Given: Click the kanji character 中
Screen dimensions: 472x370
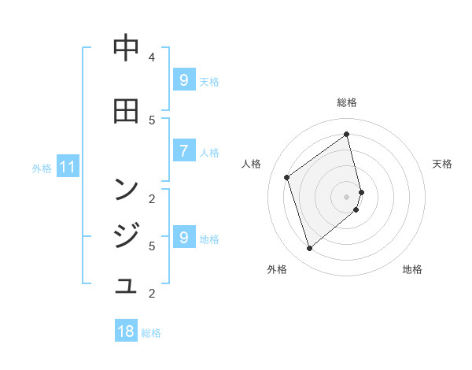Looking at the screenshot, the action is [126, 48].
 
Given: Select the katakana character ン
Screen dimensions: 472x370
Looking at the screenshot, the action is [126, 189].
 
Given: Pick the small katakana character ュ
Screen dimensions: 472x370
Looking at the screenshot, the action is [126, 285].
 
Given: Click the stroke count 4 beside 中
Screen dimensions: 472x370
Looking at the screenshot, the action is [152, 57].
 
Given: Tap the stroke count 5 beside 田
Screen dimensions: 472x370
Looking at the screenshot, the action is [152, 120].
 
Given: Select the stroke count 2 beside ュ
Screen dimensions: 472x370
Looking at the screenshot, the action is [152, 294].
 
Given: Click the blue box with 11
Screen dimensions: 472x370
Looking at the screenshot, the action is [68, 167].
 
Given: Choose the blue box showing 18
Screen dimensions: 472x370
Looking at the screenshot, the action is [126, 331].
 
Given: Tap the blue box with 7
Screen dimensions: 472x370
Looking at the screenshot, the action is [183, 151].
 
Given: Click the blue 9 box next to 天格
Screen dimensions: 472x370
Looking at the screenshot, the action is [183, 80].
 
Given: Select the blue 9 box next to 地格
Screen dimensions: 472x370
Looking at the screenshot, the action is [183, 238].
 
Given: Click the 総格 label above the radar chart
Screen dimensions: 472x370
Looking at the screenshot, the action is [347, 102].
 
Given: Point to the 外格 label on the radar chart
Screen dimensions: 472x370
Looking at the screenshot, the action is [277, 269].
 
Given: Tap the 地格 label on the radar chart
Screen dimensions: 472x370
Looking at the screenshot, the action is [412, 269].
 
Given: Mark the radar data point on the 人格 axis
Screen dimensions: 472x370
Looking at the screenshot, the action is [287, 177].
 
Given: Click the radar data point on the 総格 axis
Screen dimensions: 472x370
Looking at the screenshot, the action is [347, 134].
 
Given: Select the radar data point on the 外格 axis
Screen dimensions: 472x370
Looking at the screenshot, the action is [309, 249].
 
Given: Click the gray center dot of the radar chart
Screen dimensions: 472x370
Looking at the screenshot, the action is [347, 196].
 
